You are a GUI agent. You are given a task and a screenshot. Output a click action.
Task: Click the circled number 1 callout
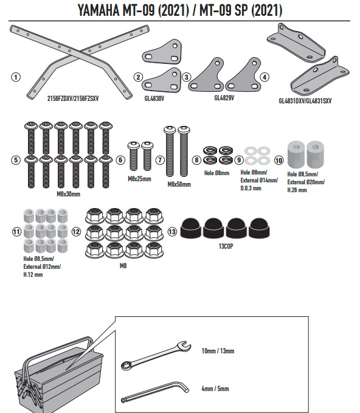point(16,77)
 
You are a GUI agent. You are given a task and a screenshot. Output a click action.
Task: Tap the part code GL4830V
point(154,99)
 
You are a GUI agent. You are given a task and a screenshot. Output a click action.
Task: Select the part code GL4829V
point(224,98)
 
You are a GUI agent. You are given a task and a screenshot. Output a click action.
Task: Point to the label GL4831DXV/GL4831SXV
point(305,101)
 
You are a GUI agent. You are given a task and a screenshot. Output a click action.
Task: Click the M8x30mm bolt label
point(68,194)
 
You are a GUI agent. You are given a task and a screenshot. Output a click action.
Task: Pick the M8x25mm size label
point(139,179)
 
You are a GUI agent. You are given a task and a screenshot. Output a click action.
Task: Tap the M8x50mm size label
point(179,184)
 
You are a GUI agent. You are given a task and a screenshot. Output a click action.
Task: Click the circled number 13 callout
point(172,232)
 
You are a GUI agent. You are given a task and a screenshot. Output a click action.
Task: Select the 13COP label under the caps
point(226,246)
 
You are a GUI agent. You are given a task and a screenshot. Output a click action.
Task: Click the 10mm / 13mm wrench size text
point(218,351)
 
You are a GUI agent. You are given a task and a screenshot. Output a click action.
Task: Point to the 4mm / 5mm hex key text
point(215,389)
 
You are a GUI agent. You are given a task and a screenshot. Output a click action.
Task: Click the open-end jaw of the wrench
point(184,346)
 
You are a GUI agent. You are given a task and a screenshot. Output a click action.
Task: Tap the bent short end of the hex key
point(184,387)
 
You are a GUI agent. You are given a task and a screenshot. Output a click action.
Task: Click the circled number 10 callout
point(279,161)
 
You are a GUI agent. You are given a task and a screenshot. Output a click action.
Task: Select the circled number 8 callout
point(196,160)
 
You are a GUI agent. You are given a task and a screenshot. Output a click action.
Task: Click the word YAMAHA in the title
point(99,10)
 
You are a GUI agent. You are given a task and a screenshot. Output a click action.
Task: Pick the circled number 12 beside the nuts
point(76,232)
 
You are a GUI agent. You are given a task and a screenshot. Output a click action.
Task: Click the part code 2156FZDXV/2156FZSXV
point(73,99)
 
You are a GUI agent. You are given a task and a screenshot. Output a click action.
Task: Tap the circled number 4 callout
point(265,77)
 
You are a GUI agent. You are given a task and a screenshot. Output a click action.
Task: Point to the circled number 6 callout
point(120,160)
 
